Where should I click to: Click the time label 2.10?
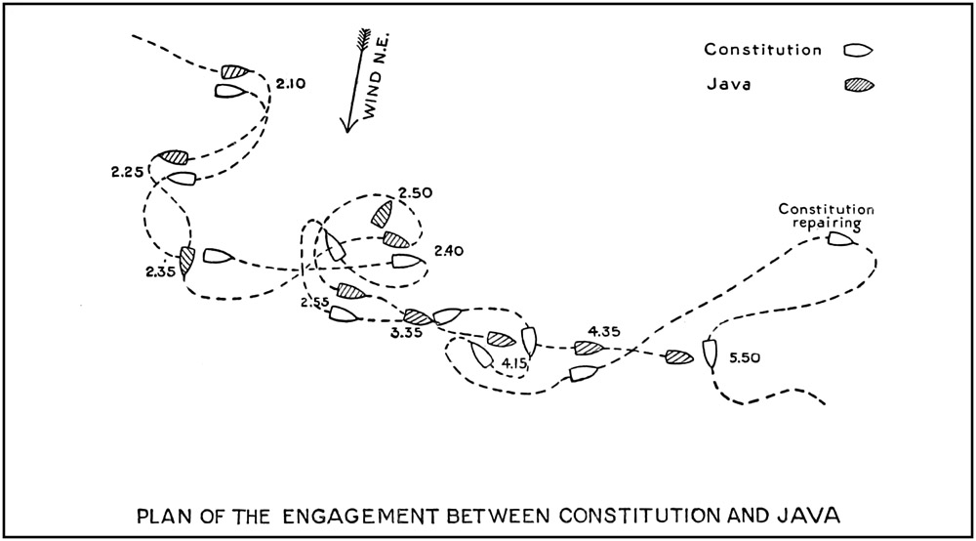coord(291,85)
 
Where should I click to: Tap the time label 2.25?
coord(128,172)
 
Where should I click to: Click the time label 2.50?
coord(417,194)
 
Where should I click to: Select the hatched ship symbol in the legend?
coord(859,85)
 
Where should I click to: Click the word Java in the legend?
coord(725,85)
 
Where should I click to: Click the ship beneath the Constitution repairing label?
coord(840,237)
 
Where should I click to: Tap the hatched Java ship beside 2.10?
coord(235,71)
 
